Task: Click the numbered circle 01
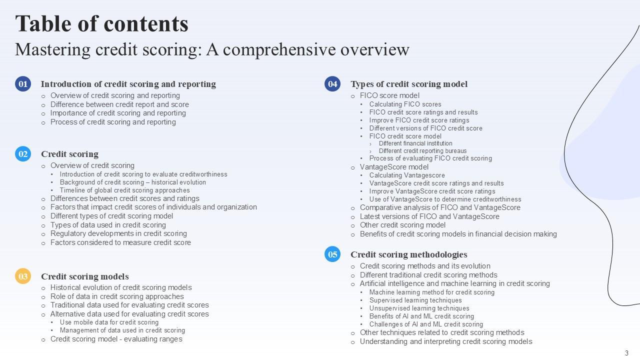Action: coord(23,84)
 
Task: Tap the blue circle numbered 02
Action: coord(23,154)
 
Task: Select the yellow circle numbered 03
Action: coord(23,276)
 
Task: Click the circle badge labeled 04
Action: coord(332,84)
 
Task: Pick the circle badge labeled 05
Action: coord(332,254)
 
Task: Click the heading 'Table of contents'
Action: coord(102,23)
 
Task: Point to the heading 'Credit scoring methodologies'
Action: coord(408,254)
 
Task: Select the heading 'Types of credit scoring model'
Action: coord(408,84)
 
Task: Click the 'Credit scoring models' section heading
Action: coord(84,276)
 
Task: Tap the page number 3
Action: coord(626,353)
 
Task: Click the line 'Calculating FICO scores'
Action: coord(405,104)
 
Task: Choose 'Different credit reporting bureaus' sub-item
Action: coord(422,151)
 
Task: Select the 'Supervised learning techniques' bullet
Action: coord(415,300)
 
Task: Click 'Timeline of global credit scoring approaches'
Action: coord(124,190)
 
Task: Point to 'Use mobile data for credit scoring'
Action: coord(109,322)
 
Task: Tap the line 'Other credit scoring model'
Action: coord(402,225)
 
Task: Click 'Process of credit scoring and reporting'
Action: coord(113,122)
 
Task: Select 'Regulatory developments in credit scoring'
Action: coord(118,233)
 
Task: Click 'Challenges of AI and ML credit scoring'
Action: coord(426,324)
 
